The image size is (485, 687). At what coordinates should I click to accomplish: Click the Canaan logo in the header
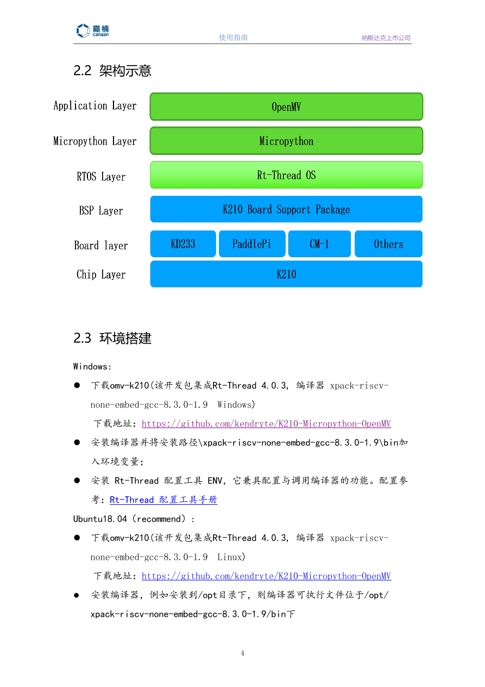92,30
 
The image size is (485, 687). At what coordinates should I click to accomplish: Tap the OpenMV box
286,107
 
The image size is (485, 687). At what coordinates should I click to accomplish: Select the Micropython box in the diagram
286,141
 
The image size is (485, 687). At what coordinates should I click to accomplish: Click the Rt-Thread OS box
286,175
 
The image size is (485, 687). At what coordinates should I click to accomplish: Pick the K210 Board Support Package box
286,209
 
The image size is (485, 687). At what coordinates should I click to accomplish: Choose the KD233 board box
183,244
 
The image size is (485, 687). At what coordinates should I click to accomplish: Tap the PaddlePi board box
251,244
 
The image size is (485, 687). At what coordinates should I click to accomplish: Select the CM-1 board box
319,244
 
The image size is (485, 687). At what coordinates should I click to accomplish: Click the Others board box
388,244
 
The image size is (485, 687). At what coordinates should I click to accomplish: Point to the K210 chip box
286,274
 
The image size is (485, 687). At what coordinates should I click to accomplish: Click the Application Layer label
95,106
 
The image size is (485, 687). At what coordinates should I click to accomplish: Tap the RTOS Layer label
101,177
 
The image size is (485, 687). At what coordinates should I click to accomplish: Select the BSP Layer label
101,211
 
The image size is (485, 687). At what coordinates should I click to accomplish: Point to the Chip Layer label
101,275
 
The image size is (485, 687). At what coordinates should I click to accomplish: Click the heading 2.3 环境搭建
112,338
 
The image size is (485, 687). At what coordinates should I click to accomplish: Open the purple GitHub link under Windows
266,424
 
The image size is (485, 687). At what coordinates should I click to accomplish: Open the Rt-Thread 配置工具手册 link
163,500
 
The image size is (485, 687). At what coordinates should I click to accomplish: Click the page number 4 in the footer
243,653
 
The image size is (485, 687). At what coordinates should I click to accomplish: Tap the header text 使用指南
234,38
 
